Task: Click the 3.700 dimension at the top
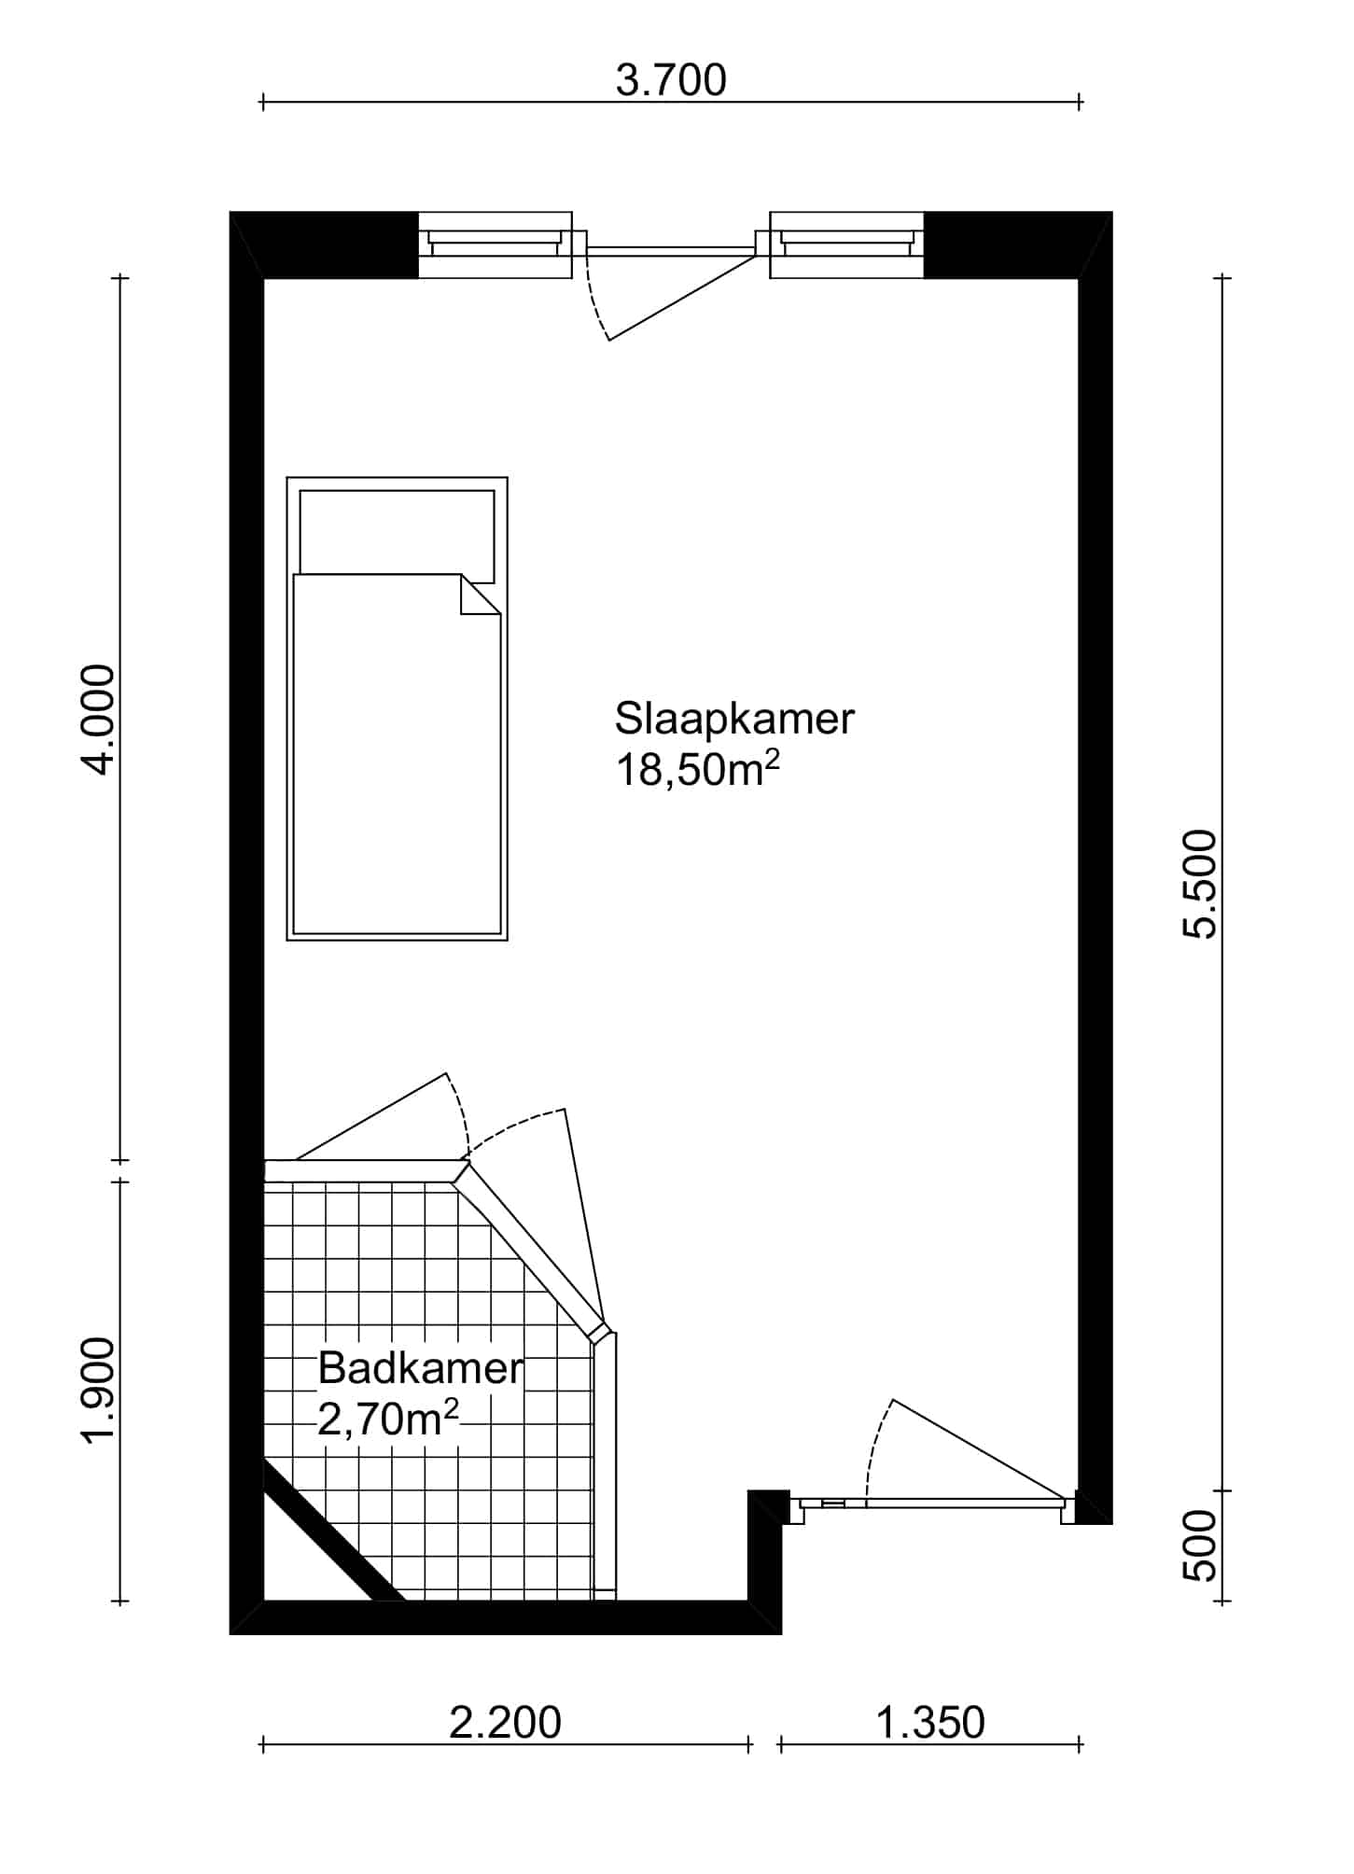671,81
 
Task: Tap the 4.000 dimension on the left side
98,719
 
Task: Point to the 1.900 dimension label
98,1391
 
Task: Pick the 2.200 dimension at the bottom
505,1723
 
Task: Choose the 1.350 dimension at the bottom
930,1723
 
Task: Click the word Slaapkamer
734,719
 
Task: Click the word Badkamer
421,1368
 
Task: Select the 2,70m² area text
388,1419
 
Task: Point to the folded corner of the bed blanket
481,594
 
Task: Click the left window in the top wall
495,245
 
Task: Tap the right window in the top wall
846,245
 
